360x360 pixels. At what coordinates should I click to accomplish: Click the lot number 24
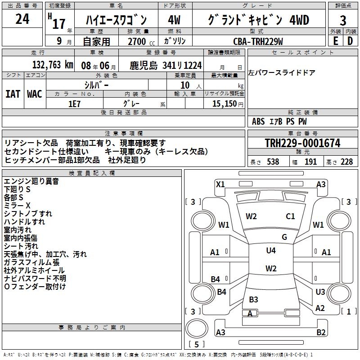22,19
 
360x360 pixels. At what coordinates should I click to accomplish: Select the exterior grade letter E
335,40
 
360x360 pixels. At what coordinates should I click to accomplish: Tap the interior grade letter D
350,40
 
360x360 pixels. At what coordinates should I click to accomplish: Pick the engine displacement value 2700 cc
138,41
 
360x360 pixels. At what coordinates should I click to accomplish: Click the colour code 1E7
74,103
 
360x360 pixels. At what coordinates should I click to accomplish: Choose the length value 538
273,162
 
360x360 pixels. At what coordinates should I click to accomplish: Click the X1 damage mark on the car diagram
220,184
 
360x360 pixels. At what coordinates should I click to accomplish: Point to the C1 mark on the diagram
290,216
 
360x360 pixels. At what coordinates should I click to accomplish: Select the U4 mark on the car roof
271,251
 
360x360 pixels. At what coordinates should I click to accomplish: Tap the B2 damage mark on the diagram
321,333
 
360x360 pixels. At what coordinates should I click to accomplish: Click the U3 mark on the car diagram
320,292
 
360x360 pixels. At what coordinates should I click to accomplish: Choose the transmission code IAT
13,94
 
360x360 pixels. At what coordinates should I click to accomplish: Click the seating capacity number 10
185,85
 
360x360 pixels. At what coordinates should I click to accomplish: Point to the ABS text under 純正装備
258,121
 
